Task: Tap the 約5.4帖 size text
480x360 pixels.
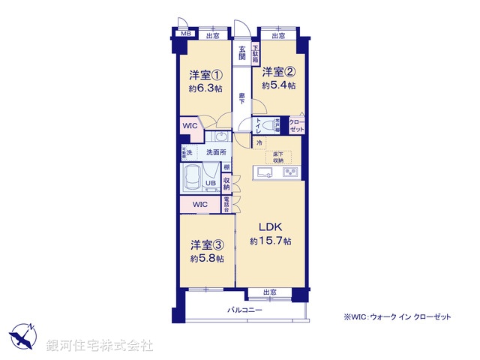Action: [277, 85]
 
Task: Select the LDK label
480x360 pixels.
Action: [271, 226]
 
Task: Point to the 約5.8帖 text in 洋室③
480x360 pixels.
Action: [205, 257]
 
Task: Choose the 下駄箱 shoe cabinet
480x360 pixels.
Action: [255, 54]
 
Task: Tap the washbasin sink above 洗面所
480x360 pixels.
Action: [220, 137]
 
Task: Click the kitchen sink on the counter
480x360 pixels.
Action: [265, 173]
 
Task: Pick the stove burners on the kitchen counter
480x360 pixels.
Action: [290, 173]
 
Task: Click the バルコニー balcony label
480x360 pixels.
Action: [245, 308]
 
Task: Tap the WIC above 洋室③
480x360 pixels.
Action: [199, 204]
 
